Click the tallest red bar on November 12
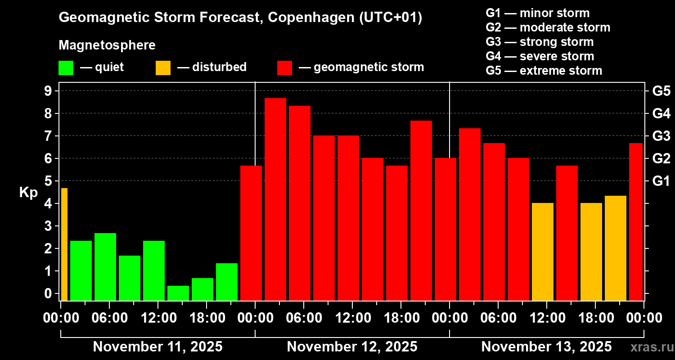(275, 199)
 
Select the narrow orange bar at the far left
(64, 244)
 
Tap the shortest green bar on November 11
(178, 293)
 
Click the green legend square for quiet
(66, 67)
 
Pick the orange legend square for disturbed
(163, 67)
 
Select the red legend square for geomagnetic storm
(284, 67)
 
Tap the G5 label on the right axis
(661, 91)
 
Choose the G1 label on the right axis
(661, 181)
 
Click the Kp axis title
(28, 193)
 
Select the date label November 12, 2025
(352, 347)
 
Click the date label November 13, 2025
(546, 347)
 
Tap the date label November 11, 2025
(157, 347)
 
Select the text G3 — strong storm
(540, 42)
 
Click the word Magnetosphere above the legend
(107, 45)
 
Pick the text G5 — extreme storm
(544, 71)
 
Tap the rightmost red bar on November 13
(635, 221)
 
